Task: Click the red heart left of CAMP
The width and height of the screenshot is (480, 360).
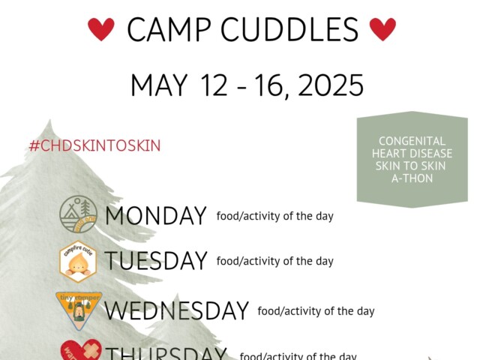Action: [101, 29]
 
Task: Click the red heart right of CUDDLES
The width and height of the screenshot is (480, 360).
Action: [382, 29]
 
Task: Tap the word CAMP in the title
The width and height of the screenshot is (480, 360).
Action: [174, 30]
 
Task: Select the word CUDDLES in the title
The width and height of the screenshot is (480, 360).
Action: [295, 30]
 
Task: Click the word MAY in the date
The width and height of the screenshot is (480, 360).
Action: [159, 85]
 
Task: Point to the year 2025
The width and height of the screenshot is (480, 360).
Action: [331, 85]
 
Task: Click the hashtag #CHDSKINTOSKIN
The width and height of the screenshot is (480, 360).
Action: [94, 145]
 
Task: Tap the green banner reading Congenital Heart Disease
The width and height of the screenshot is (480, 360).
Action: [412, 159]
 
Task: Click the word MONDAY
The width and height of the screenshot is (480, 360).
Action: [155, 216]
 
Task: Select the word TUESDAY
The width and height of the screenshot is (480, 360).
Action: [156, 261]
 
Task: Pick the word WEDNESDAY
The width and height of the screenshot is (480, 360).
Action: [176, 310]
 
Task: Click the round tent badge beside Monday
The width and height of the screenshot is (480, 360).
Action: [78, 214]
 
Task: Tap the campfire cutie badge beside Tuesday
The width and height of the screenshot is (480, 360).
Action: [78, 262]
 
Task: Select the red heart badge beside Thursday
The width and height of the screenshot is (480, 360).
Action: [78, 351]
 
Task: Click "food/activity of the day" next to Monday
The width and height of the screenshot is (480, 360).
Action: [274, 216]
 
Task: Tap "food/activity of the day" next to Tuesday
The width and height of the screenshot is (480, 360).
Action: [274, 261]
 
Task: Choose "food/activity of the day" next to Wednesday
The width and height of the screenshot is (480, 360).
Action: [316, 310]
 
